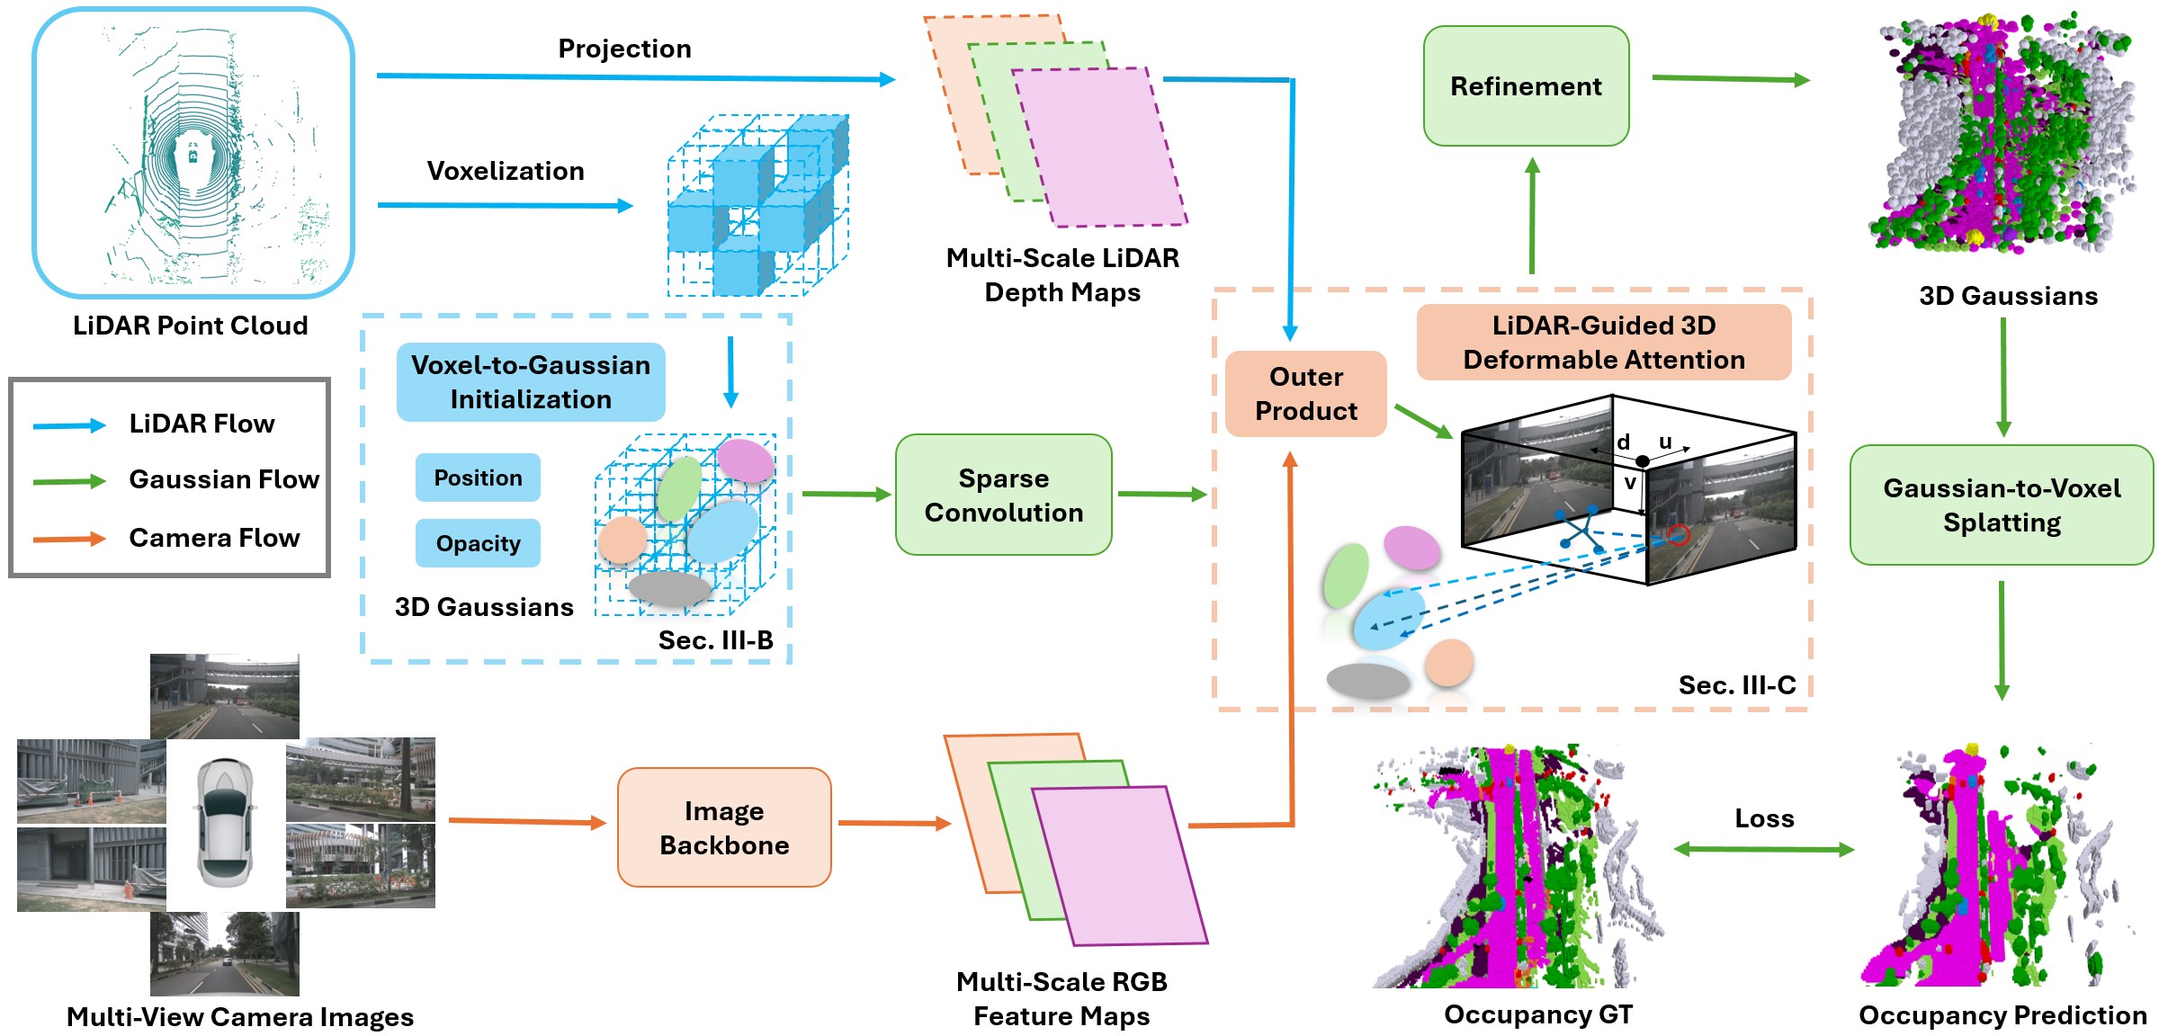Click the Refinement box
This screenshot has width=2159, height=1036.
(1526, 86)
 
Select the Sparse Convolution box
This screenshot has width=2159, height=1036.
(1003, 495)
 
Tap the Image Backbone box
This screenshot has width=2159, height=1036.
(724, 827)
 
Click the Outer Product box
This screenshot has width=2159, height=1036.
(1305, 394)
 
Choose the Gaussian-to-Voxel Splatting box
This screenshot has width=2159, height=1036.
(2002, 505)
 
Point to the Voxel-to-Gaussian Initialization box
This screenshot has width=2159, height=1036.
(531, 382)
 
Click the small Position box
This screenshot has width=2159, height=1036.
(478, 478)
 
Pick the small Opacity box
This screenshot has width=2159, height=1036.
(478, 543)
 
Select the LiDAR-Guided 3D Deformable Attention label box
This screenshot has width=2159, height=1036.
(1603, 343)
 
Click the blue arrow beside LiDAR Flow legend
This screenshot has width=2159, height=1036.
(69, 425)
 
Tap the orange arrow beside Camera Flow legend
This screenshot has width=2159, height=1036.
(69, 540)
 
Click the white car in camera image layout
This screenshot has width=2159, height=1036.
(225, 823)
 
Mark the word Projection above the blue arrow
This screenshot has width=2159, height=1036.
(624, 49)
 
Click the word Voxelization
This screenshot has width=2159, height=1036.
(505, 171)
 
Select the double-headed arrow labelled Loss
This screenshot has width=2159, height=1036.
(1763, 849)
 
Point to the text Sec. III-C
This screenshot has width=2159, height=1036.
(1736, 685)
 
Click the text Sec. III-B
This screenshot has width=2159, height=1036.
(715, 640)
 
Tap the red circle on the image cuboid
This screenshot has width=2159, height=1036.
(1678, 536)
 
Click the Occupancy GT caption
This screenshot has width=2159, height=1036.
(1538, 1014)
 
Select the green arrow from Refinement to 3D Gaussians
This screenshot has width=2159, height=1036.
(1730, 79)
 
